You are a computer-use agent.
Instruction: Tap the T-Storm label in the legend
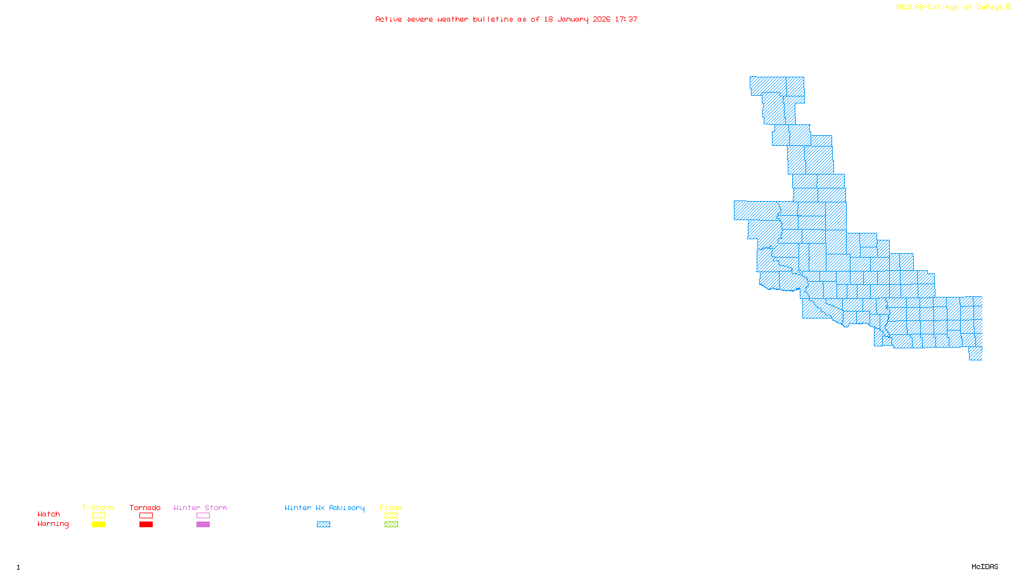(98, 508)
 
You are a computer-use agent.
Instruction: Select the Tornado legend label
(145, 508)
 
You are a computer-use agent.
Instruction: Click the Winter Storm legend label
(200, 508)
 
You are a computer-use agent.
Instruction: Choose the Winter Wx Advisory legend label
(324, 508)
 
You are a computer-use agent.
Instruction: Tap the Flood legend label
(391, 508)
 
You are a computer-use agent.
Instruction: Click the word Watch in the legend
(49, 514)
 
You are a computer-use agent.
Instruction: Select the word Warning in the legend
(53, 524)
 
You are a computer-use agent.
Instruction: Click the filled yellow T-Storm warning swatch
(98, 525)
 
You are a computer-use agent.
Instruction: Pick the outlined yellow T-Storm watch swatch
(98, 516)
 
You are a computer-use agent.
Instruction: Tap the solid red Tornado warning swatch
(146, 525)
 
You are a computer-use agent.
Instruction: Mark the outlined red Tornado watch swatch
(146, 516)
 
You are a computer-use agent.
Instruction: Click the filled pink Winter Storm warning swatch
(203, 525)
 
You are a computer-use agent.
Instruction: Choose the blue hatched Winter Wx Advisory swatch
(323, 525)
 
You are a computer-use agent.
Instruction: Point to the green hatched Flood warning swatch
(391, 525)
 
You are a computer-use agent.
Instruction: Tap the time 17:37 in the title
(626, 20)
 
